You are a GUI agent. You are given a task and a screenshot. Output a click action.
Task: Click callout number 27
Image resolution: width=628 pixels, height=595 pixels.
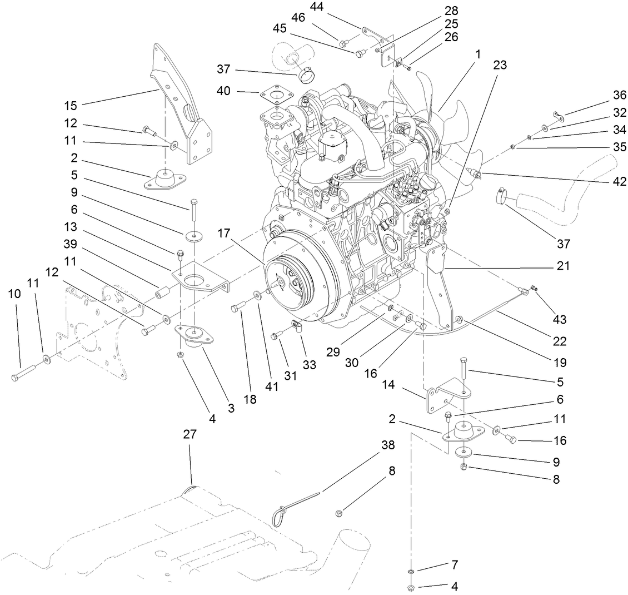click(190, 435)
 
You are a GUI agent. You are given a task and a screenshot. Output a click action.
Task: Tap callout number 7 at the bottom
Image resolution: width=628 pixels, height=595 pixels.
click(455, 565)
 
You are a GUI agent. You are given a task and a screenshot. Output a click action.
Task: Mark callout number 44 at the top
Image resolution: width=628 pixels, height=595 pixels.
click(317, 7)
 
